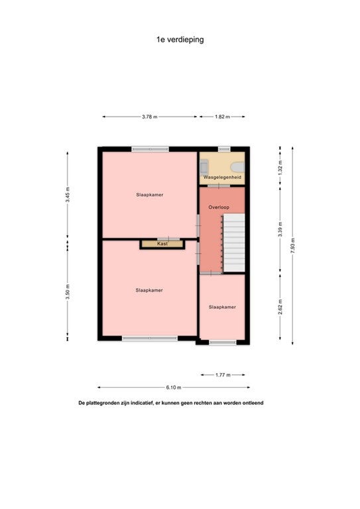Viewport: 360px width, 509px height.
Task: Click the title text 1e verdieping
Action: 180,40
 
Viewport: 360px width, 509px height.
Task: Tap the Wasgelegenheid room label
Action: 222,178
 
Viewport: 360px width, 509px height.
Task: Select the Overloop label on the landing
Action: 219,207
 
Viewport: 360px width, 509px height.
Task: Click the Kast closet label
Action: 162,243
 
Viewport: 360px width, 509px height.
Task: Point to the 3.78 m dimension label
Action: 150,117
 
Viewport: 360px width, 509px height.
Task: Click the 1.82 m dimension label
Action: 222,117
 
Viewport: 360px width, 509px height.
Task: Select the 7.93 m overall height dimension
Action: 293,246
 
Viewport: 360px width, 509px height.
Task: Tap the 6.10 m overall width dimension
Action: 174,387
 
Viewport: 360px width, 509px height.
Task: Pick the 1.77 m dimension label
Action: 223,375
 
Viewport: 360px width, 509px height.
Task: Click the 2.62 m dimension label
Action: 280,307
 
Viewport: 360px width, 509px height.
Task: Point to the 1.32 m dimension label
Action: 280,168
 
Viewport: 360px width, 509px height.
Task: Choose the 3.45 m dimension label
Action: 68,195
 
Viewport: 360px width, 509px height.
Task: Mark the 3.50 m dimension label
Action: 68,292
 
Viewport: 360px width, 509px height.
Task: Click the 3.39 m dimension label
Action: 280,229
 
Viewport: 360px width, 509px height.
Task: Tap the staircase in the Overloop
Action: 234,243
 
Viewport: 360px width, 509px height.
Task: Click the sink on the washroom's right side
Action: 237,167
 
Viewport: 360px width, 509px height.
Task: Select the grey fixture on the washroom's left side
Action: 204,167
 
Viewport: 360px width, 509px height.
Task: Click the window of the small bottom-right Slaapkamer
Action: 223,342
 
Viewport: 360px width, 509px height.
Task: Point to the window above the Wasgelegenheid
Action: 224,149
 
